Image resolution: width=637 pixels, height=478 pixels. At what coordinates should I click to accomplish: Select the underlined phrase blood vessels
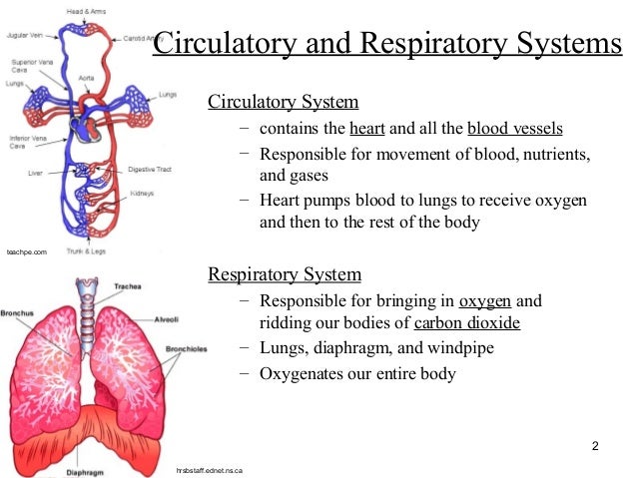point(514,130)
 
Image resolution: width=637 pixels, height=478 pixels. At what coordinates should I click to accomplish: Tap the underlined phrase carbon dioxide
point(467,323)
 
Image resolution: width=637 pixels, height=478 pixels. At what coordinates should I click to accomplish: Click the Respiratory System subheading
point(284,274)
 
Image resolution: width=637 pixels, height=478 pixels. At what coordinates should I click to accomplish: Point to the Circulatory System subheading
point(283,103)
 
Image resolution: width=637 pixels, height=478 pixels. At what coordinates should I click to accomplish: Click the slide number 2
point(595,445)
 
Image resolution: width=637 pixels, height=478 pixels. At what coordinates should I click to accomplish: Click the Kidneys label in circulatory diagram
point(140,193)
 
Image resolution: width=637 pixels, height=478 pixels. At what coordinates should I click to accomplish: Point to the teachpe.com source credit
point(27,253)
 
